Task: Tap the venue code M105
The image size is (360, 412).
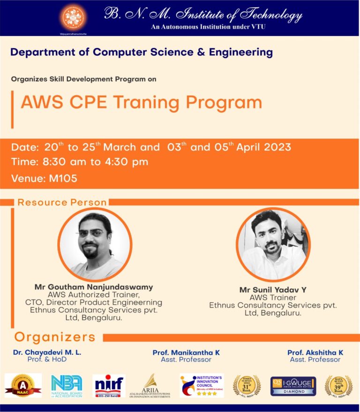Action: click(63, 178)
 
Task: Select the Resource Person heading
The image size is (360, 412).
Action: click(62, 203)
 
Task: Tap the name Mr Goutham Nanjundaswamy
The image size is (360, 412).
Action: click(94, 287)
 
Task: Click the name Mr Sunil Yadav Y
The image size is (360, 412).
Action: click(273, 290)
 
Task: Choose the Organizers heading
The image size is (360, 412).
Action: click(55, 337)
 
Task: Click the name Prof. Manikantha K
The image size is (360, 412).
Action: click(186, 352)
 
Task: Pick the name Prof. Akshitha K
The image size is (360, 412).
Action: click(315, 352)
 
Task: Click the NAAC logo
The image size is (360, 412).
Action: click(23, 386)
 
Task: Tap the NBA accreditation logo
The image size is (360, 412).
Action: click(66, 386)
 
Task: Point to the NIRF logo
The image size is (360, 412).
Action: click(109, 385)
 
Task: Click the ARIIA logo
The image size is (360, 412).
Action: click(150, 386)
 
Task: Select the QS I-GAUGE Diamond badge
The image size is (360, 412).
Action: click(293, 386)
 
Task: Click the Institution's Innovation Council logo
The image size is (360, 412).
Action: click(202, 385)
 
